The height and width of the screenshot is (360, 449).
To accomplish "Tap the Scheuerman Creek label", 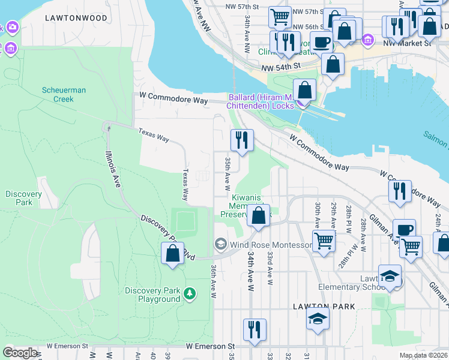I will coord(64,94).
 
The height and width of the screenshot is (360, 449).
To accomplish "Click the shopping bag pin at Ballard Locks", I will coord(305,91).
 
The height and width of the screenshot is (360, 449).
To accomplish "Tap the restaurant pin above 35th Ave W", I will coord(242,141).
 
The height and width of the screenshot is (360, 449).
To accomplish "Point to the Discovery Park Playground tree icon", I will coord(190,293).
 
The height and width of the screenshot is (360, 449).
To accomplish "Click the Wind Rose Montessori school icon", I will coord(220,244).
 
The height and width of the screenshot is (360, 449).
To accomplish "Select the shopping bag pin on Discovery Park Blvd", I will coord(172,253).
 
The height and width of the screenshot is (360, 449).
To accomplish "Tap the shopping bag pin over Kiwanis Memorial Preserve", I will coord(258,216).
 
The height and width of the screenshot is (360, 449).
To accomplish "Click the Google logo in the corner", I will coord(20,353).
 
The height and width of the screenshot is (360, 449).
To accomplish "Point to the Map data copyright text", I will coord(424,355).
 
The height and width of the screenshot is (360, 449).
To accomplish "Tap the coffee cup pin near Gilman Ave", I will coord(405,230).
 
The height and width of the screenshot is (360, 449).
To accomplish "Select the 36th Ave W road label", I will coord(213,282).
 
